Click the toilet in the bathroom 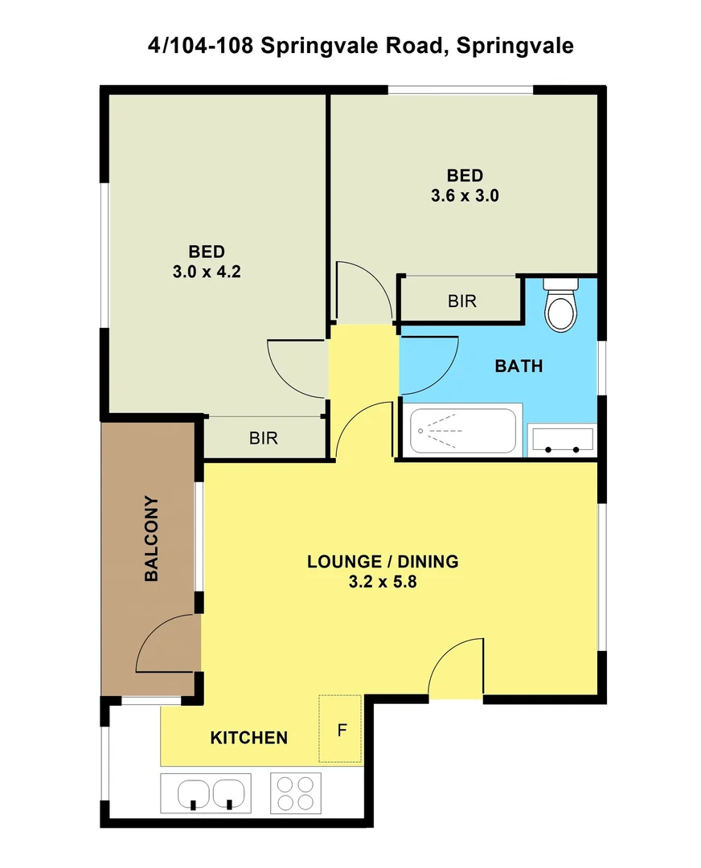[560, 305]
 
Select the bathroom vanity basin [562, 440]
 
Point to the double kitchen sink [206, 791]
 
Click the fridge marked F [341, 730]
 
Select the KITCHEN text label [248, 738]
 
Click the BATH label [519, 366]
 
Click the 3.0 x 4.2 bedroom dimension [207, 272]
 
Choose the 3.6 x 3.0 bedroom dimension [465, 195]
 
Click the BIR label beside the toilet [462, 301]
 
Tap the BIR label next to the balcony [263, 439]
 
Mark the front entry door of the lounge [456, 669]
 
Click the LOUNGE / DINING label [383, 561]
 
